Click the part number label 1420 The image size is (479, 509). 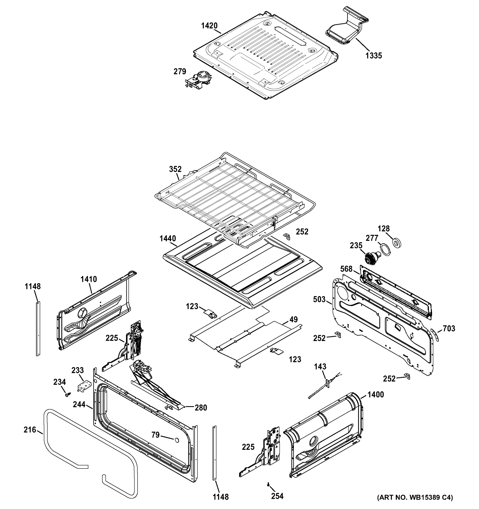[209, 26]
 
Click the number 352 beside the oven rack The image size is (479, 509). [175, 169]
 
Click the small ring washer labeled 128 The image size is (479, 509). [397, 242]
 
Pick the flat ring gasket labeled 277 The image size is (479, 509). [385, 249]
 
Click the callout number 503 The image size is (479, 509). [319, 299]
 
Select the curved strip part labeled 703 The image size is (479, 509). [434, 335]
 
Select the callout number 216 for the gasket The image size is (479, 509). [30, 430]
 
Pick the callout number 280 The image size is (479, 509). [201, 408]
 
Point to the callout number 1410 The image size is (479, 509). [89, 279]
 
